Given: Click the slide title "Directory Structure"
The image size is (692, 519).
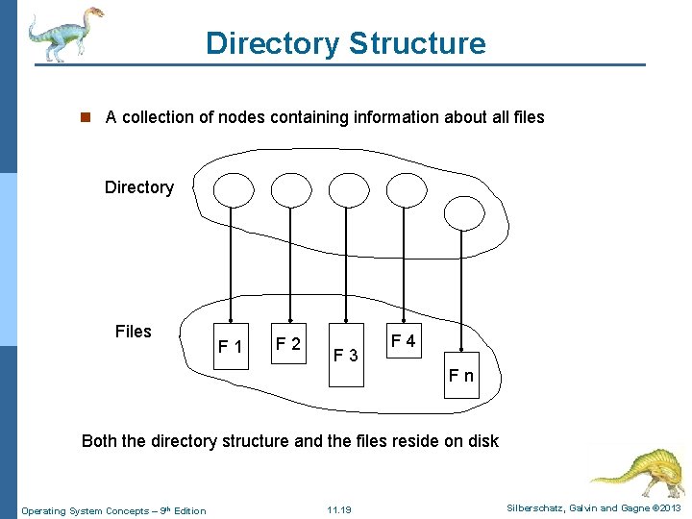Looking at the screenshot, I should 345,43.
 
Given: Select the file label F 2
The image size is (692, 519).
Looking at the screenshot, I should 288,343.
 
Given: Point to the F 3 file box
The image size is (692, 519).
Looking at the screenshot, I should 346,357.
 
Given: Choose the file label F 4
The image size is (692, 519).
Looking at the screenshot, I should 403,341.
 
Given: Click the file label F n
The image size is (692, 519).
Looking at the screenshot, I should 460,375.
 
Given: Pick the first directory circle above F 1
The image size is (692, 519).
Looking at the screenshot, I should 232,190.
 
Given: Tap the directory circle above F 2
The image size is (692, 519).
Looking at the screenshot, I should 290,190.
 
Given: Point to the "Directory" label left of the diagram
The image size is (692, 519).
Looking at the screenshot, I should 139,187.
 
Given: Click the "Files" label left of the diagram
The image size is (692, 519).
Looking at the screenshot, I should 133,332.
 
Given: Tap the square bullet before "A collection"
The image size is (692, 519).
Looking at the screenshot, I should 85,117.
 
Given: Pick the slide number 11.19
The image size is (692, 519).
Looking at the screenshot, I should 338,509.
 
